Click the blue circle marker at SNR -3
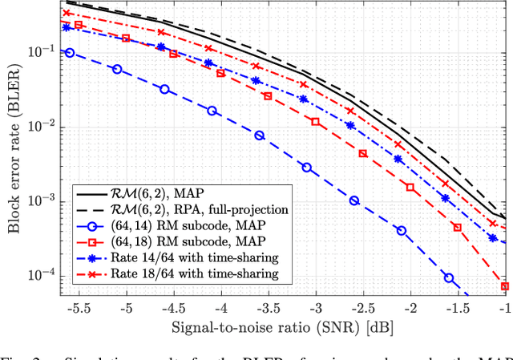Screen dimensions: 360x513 point(307,168)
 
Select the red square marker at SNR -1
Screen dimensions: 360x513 point(504,285)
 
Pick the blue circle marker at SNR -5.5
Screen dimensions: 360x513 point(70,53)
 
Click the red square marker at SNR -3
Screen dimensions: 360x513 point(315,123)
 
